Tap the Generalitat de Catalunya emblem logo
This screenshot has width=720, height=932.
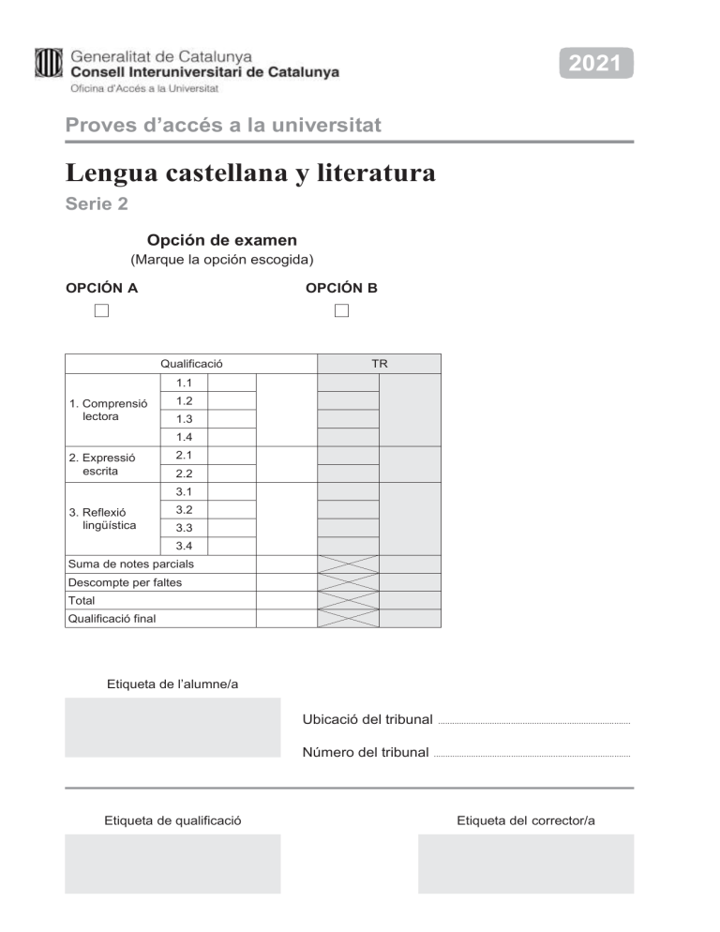tap(49, 63)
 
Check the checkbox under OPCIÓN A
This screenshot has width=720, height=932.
tap(101, 310)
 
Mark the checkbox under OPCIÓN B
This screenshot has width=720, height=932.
tap(341, 310)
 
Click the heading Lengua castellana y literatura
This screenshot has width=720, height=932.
tap(250, 173)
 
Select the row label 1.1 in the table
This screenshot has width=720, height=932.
tap(183, 383)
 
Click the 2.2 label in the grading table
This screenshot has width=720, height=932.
tap(183, 474)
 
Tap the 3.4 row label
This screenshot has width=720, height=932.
tap(183, 547)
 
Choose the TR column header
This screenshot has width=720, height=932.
tap(379, 364)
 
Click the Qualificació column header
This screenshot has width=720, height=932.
tap(191, 364)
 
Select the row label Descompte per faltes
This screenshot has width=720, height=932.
tap(125, 582)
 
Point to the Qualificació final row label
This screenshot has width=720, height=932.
tap(112, 619)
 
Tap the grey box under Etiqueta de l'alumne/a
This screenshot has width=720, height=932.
tap(172, 727)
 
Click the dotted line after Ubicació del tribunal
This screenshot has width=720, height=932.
tap(533, 723)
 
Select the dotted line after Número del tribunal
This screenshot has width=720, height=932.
tap(532, 755)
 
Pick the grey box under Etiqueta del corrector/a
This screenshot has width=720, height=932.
tap(525, 864)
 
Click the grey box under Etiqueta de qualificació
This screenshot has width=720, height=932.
tap(172, 864)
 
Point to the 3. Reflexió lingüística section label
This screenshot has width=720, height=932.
tap(103, 519)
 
